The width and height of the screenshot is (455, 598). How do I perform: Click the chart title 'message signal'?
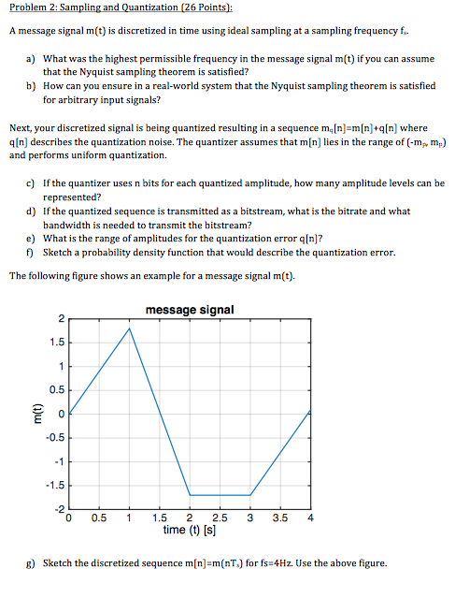pos(190,310)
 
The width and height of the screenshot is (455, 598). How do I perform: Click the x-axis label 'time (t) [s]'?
pos(190,530)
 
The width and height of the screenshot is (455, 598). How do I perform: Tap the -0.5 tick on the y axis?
pos(55,437)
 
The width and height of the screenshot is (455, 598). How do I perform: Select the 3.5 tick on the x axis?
pos(279,518)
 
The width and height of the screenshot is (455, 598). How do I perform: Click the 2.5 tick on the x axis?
pos(220,518)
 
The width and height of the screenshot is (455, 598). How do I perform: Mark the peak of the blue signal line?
pos(130,328)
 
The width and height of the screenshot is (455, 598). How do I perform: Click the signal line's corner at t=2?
pos(191,495)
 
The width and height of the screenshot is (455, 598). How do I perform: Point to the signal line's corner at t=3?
pos(250,495)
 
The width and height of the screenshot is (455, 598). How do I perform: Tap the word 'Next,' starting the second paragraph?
pos(21,128)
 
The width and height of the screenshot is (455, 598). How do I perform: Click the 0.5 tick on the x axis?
pos(99,518)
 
